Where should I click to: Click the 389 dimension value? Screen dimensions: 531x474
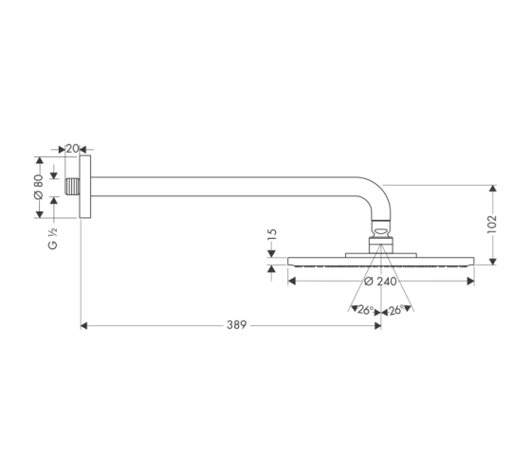(x=236, y=325)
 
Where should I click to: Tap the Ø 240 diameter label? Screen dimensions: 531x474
(x=380, y=281)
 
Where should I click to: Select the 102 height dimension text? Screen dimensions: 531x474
(x=491, y=224)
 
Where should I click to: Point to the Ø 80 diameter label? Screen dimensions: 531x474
(x=38, y=186)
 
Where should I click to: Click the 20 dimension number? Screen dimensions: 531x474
(x=72, y=149)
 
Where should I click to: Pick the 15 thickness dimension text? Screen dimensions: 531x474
(x=272, y=234)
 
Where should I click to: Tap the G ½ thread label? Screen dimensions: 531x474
(x=53, y=239)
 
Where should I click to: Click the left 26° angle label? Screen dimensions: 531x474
(x=365, y=310)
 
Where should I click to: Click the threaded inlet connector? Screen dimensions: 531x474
(x=72, y=187)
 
